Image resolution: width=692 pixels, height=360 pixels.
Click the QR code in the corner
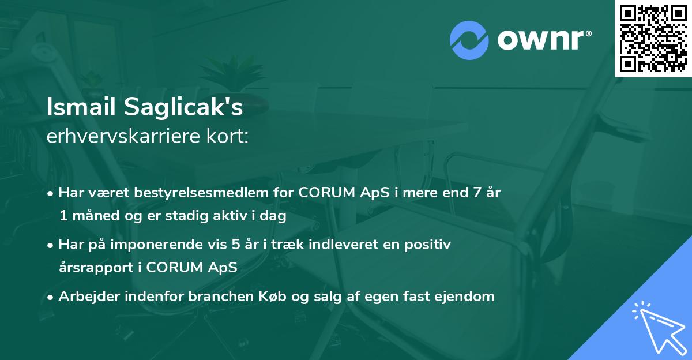pos(653,38)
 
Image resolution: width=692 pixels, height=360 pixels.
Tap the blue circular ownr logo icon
pos(469,40)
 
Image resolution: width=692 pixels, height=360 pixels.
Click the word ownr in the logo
pos(542,40)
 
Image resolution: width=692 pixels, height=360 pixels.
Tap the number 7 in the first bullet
pos(476,193)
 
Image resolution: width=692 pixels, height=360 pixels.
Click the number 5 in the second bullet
pos(235,245)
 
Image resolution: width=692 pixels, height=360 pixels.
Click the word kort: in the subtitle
pos(231,137)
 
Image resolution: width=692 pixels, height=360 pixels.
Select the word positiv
pos(429,245)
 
